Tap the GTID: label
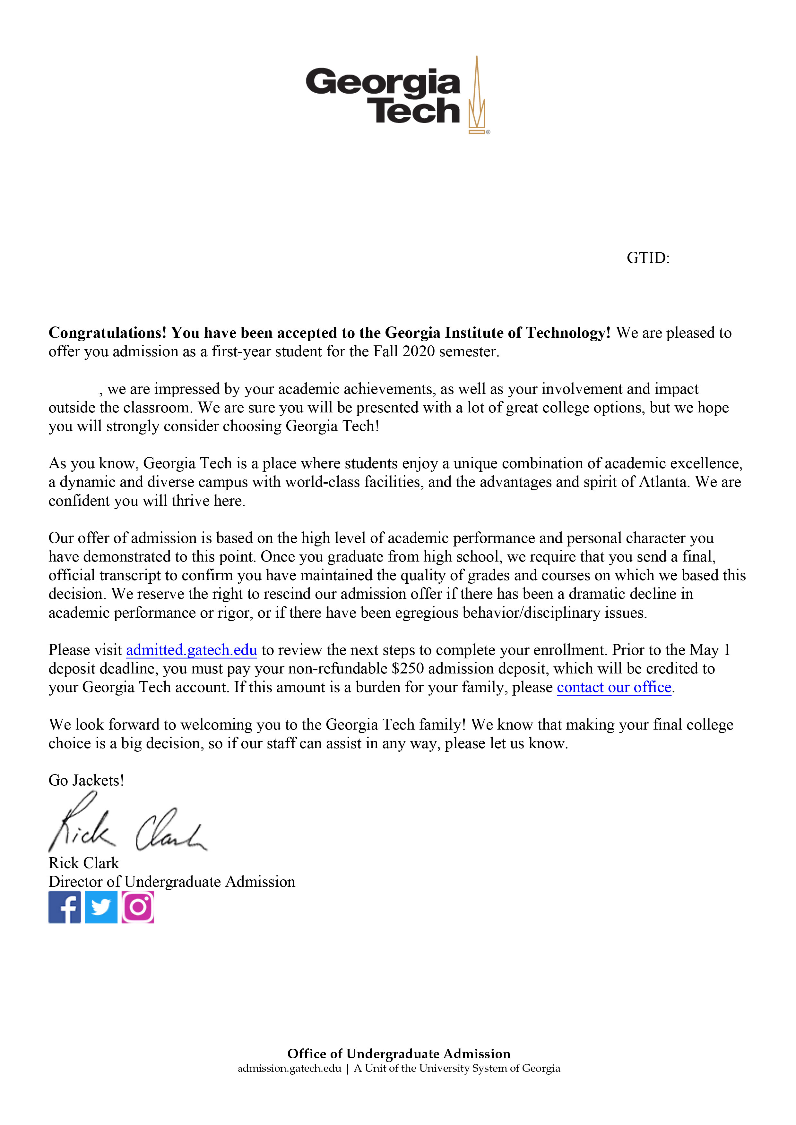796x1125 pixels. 647,258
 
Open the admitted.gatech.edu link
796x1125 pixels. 191,650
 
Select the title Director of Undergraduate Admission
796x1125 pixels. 172,882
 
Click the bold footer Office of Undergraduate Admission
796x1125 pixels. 398,1053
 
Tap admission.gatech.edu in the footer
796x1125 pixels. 290,1068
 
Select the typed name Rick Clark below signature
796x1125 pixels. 84,863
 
